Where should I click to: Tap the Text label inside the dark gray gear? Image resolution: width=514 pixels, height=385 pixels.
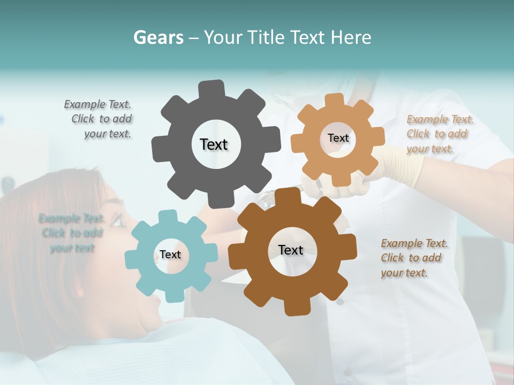point(214,144)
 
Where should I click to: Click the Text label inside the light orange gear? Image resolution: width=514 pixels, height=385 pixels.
point(338,138)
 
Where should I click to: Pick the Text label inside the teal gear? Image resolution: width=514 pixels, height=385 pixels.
point(170,255)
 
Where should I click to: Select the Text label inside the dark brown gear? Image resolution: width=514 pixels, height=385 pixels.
point(291,250)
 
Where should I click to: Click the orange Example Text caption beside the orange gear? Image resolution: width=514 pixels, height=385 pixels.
point(439,134)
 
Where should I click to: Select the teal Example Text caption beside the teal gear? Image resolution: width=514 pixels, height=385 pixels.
point(72,233)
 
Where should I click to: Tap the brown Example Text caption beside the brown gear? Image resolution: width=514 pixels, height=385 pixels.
point(413,258)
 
